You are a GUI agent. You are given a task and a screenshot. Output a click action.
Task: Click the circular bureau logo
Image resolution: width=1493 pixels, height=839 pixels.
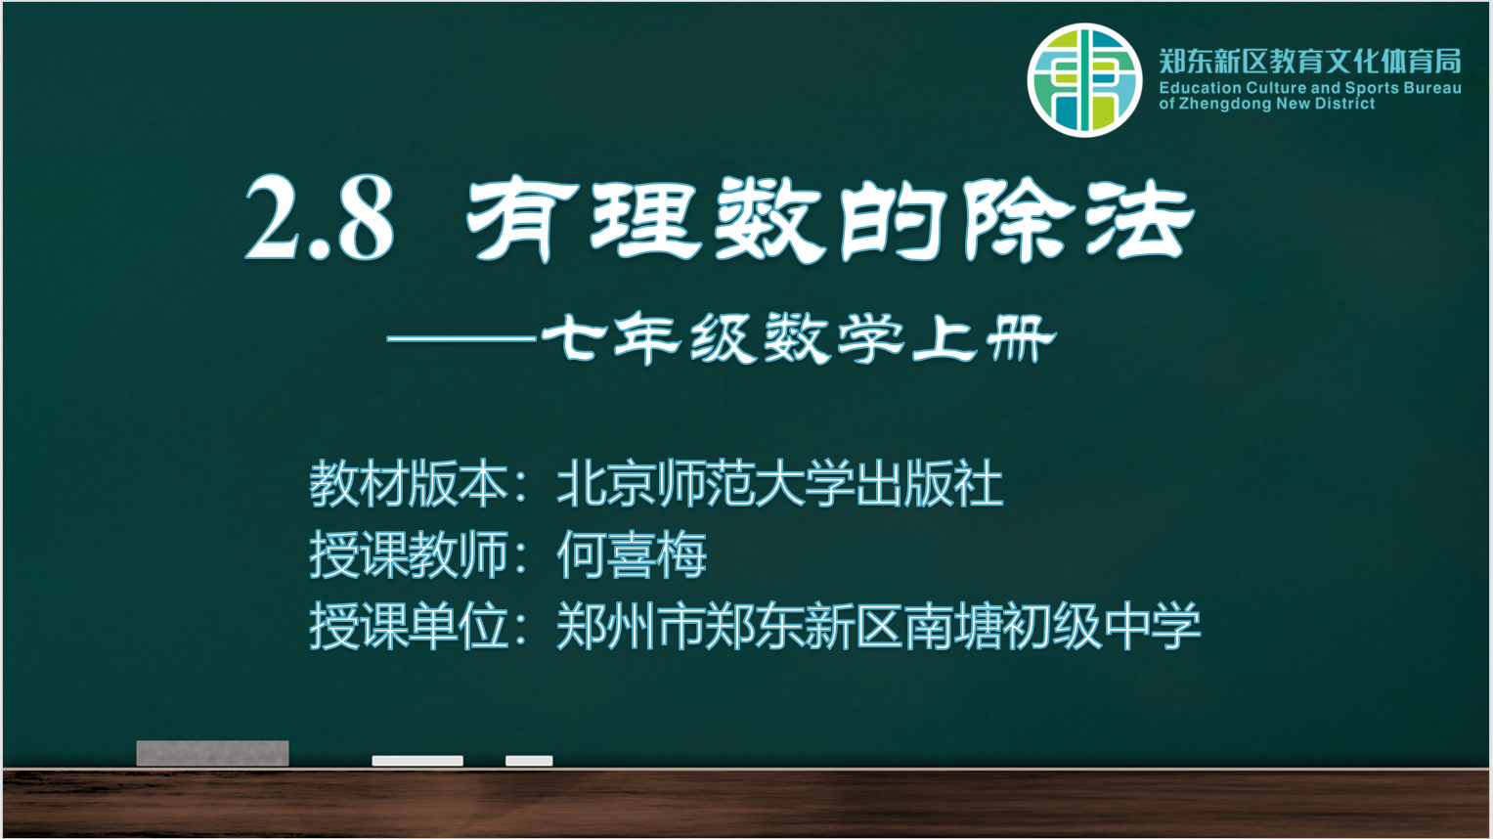pyautogui.click(x=1084, y=80)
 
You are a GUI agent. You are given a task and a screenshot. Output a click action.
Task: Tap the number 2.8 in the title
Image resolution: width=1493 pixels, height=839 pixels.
pyautogui.click(x=320, y=218)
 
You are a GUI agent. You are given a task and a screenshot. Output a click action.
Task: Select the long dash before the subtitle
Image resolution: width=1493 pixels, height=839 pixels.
pyautogui.click(x=461, y=339)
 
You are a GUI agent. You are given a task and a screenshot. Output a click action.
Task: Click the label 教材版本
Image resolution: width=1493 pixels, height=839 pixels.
pyautogui.click(x=408, y=483)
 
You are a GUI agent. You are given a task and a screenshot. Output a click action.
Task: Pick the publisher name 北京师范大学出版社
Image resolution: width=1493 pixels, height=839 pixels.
pyautogui.click(x=780, y=483)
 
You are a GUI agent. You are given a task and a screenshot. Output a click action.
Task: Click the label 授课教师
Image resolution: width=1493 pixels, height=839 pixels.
pyautogui.click(x=408, y=554)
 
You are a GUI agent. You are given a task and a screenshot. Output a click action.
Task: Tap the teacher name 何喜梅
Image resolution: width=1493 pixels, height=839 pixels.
pyautogui.click(x=632, y=554)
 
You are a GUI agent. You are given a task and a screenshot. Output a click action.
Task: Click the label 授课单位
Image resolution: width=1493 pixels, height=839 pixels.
pyautogui.click(x=408, y=625)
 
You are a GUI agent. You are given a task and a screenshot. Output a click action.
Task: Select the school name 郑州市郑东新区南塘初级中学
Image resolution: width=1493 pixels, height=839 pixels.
pyautogui.click(x=878, y=625)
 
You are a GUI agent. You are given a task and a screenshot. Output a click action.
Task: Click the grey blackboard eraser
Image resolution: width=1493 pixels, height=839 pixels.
pyautogui.click(x=212, y=753)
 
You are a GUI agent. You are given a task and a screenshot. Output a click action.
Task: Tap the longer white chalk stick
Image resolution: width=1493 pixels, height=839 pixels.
pyautogui.click(x=417, y=761)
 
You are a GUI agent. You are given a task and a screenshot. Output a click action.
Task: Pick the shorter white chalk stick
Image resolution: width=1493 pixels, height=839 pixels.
pyautogui.click(x=529, y=761)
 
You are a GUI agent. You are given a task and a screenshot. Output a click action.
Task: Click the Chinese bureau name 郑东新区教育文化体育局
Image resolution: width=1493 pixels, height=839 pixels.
pyautogui.click(x=1310, y=62)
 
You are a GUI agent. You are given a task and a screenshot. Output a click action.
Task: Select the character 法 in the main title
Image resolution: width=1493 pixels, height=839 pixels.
pyautogui.click(x=1140, y=219)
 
